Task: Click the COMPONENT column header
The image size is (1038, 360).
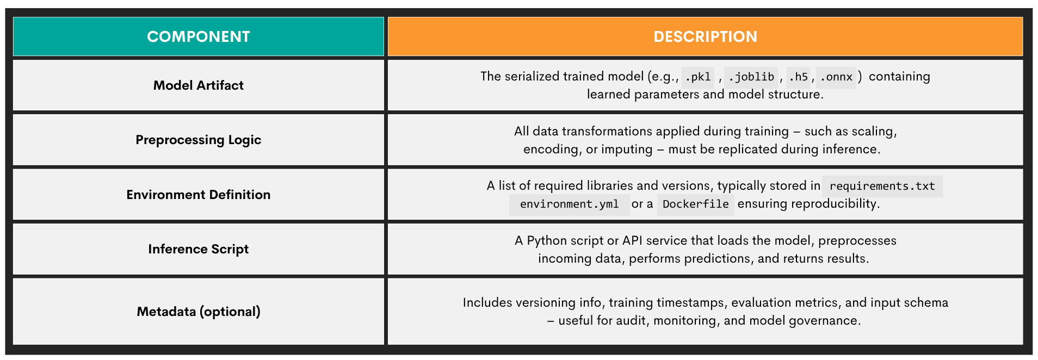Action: coord(198,36)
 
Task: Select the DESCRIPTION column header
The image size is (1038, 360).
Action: coord(705,36)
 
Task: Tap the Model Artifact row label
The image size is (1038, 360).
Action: coord(198,85)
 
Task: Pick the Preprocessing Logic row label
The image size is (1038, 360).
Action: coord(198,140)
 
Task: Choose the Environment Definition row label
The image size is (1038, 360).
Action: coord(198,195)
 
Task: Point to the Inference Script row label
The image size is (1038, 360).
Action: coord(198,249)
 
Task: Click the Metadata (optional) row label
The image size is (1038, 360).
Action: coord(198,312)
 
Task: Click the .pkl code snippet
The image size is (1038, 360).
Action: coord(697,77)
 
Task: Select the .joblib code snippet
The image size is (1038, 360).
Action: coord(751,77)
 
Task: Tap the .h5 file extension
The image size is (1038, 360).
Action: coord(798,77)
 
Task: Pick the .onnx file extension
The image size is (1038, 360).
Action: coord(836,77)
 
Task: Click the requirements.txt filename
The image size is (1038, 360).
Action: coord(882,186)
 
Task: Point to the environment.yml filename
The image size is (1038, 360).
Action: coord(569,204)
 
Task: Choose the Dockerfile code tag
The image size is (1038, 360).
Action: coord(695,204)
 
